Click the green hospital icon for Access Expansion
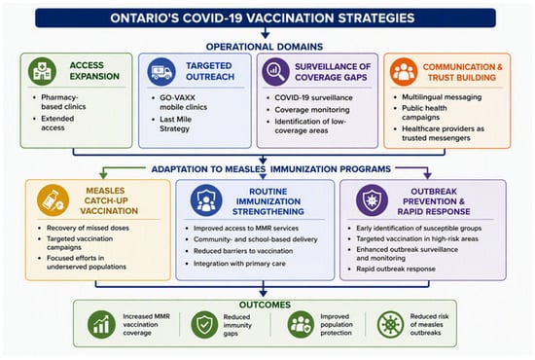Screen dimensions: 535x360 pyautogui.click(x=42, y=71)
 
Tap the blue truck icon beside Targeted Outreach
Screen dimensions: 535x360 pyautogui.click(x=161, y=72)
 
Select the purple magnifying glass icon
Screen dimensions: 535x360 pyautogui.click(x=275, y=72)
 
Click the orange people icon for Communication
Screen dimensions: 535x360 pyautogui.click(x=404, y=72)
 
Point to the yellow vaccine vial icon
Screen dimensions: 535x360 pyautogui.click(x=53, y=200)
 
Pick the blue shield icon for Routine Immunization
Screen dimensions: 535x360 pyautogui.click(x=206, y=200)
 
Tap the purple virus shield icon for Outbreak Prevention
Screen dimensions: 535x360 pyautogui.click(x=372, y=200)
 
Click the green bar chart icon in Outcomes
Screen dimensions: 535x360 pyautogui.click(x=101, y=324)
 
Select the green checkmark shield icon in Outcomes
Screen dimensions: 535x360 pyautogui.click(x=204, y=324)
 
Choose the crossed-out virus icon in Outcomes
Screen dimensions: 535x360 pyautogui.click(x=390, y=324)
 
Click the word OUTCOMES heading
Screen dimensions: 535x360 pyautogui.click(x=265, y=305)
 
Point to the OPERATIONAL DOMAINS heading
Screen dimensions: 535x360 pyautogui.click(x=265, y=47)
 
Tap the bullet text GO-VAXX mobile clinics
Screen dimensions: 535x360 pyautogui.click(x=183, y=102)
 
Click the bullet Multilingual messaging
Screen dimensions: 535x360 pyautogui.click(x=442, y=97)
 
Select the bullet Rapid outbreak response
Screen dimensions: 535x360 pyautogui.click(x=396, y=269)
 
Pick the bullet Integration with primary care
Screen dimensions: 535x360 pyautogui.click(x=239, y=264)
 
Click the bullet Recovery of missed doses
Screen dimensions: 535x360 pyautogui.click(x=88, y=228)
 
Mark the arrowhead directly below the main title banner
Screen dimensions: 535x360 pyautogui.click(x=266, y=35)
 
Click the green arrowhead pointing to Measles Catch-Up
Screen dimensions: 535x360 pyautogui.click(x=103, y=175)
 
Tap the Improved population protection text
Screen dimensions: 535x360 pyautogui.click(x=337, y=325)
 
